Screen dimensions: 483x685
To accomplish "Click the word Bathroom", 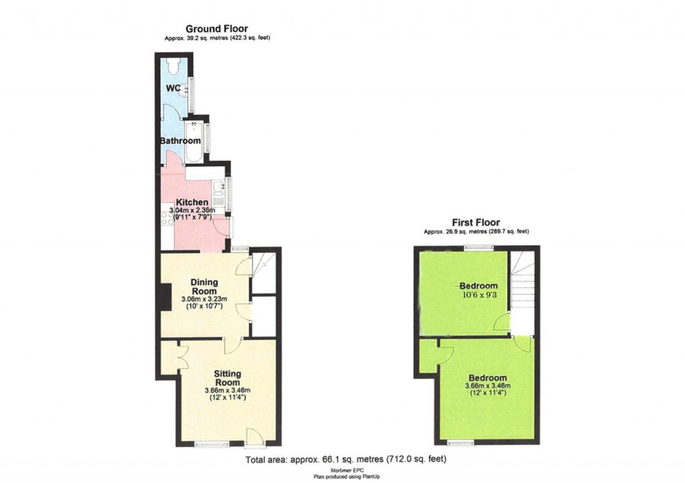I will pyautogui.click(x=180, y=142).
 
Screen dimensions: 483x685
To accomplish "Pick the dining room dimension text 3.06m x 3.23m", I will pyautogui.click(x=205, y=299).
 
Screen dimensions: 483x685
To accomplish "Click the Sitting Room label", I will pyautogui.click(x=227, y=377).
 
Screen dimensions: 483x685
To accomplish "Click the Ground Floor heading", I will pyautogui.click(x=217, y=29).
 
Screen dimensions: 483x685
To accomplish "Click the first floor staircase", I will pyautogui.click(x=523, y=284).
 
